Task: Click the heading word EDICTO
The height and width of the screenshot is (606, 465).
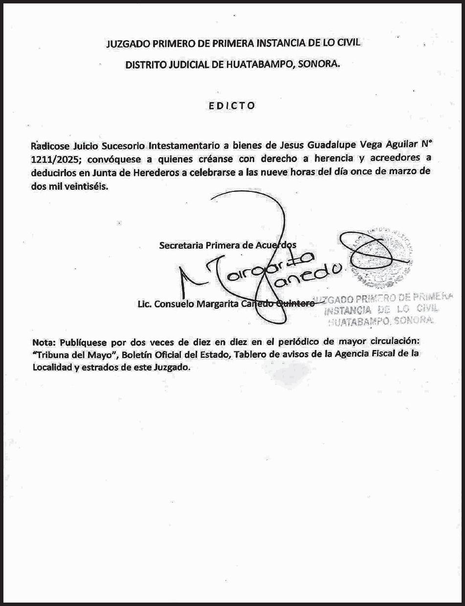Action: click(232, 105)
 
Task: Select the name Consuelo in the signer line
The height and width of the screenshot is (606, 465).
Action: click(174, 304)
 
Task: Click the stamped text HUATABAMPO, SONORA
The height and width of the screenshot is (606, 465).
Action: click(381, 321)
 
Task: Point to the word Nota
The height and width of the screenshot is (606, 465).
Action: click(43, 341)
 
